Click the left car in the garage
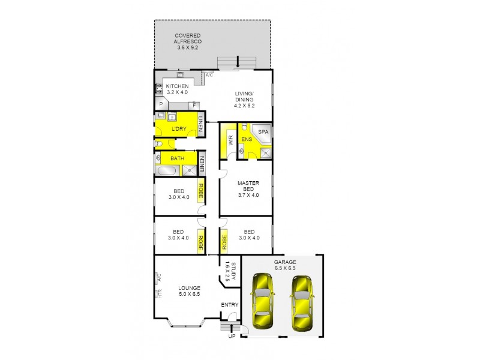[x=262, y=302]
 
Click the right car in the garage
[x=302, y=302]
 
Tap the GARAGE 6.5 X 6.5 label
[x=285, y=266]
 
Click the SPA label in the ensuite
[x=263, y=131]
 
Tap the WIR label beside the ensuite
[x=230, y=142]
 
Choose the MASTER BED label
[x=247, y=188]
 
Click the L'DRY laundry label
[x=178, y=130]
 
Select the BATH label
[x=177, y=158]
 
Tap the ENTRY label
[x=230, y=305]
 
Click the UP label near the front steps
[x=232, y=337]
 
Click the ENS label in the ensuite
[x=246, y=140]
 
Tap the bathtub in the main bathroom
[x=167, y=170]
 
